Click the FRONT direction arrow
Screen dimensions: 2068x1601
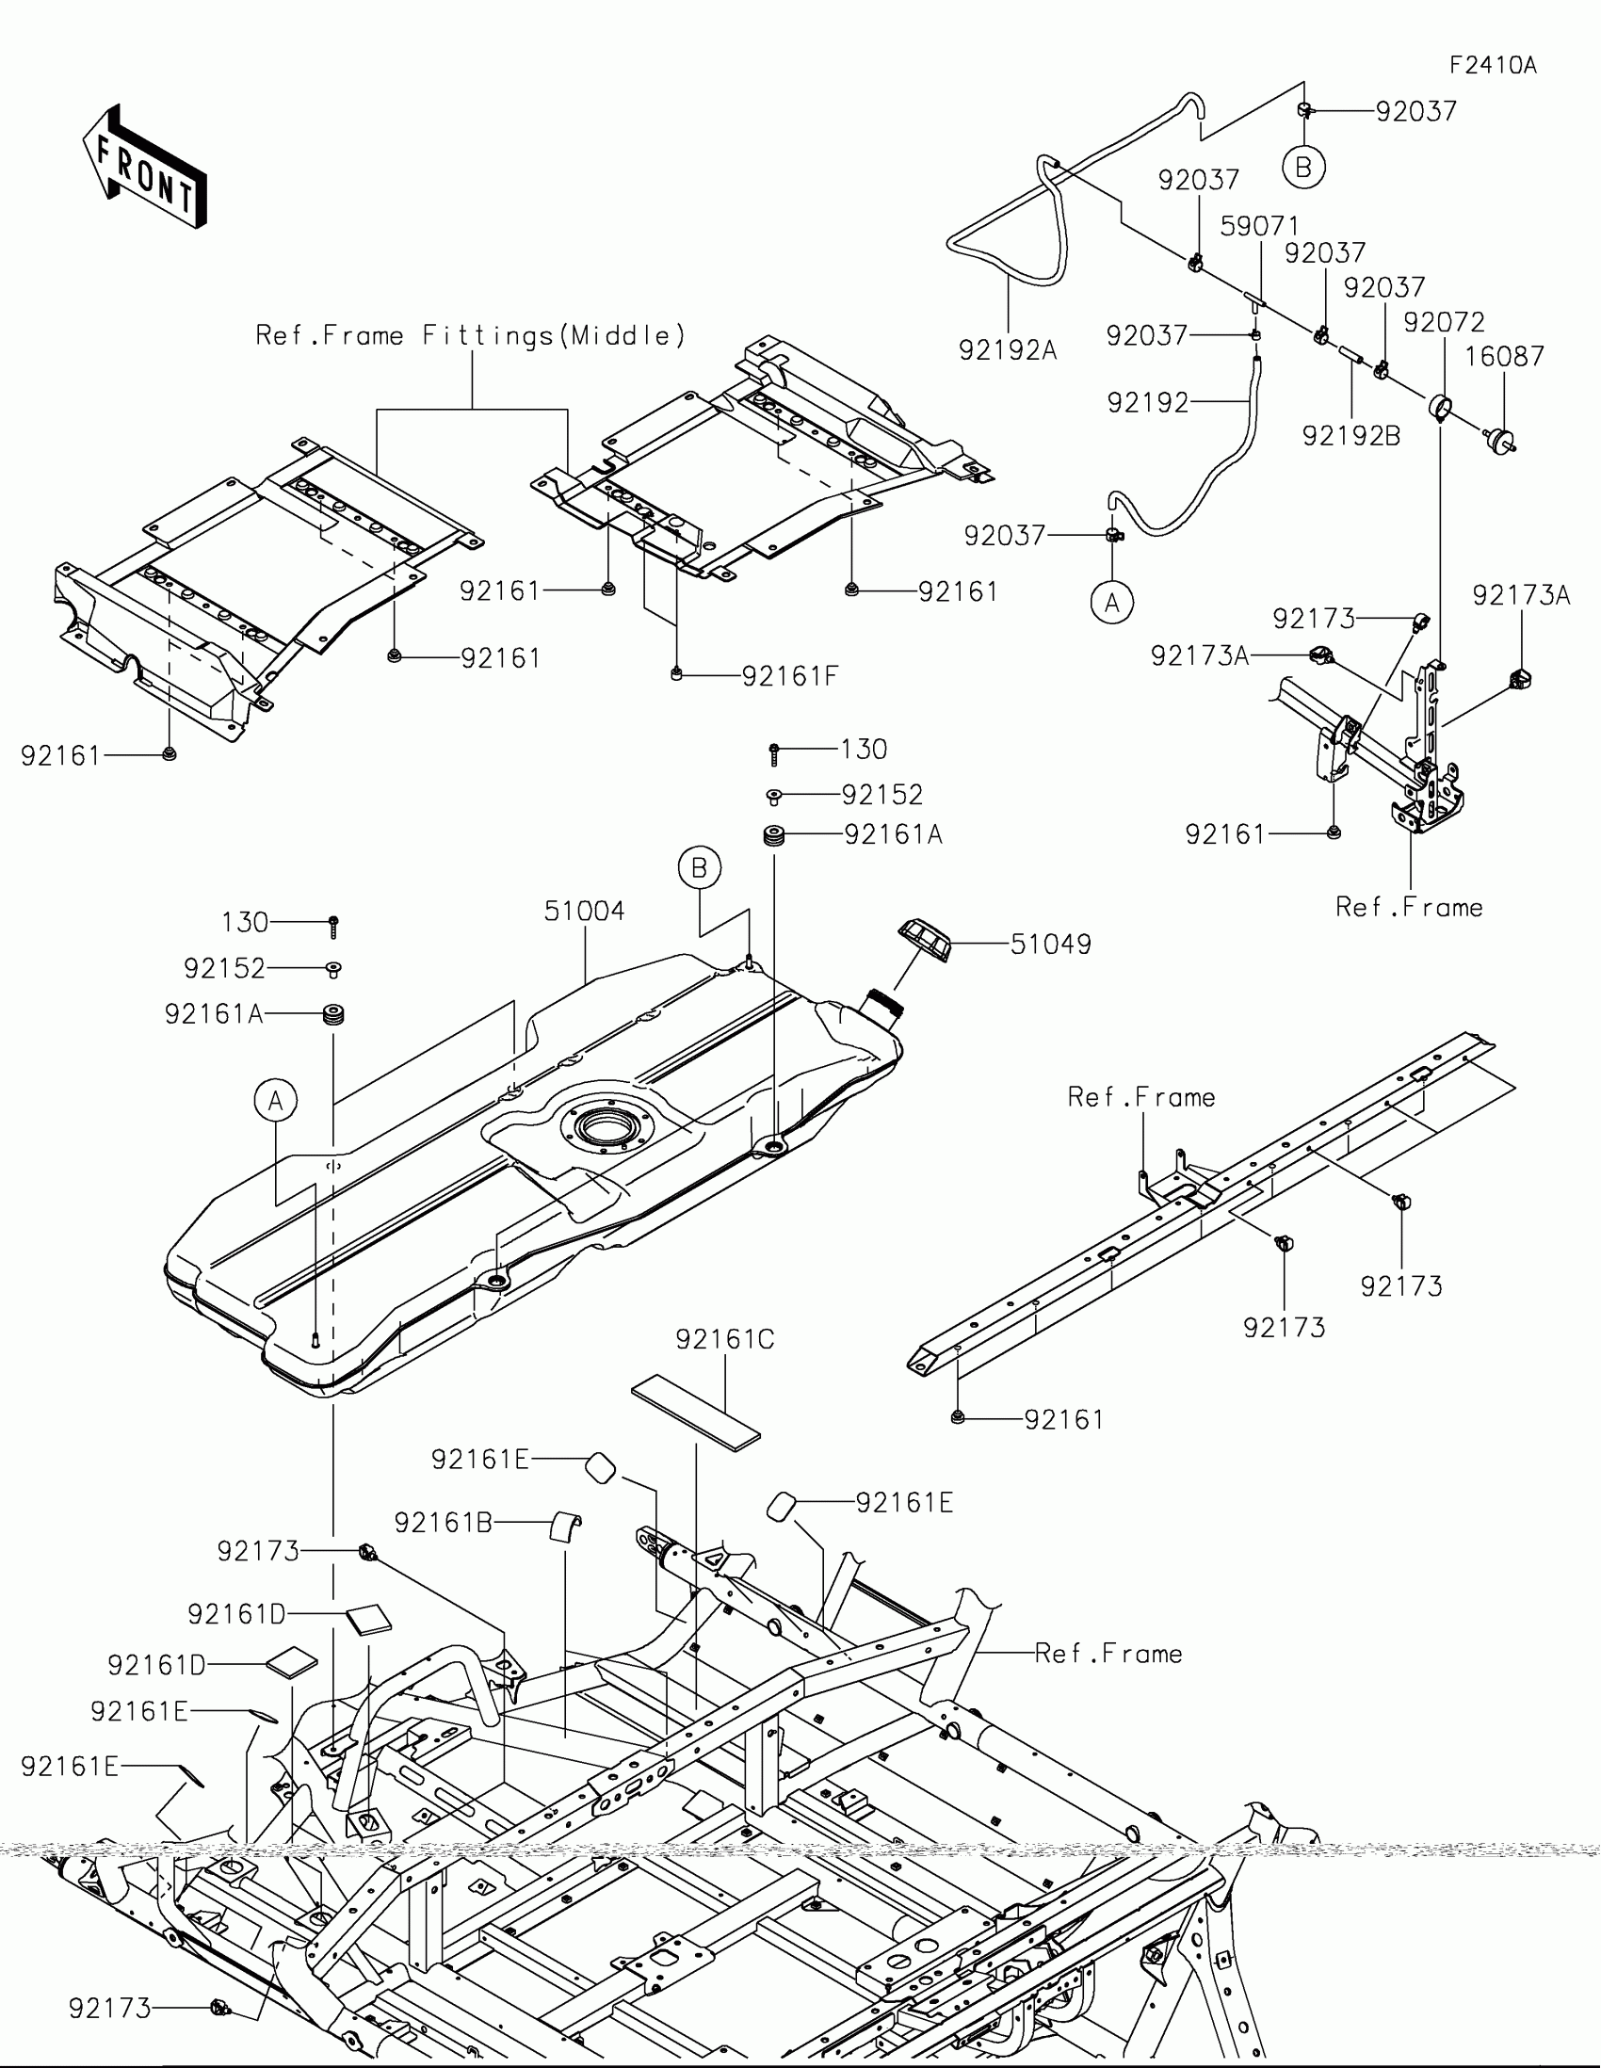145,166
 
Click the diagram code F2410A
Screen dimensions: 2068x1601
1493,65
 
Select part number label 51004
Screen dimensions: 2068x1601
584,911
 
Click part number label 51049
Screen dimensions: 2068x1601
1050,944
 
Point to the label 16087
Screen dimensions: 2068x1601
1504,356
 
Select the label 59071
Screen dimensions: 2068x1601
1259,226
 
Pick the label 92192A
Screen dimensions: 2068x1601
1008,350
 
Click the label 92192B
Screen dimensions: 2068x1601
1351,436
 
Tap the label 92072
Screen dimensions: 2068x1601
1443,322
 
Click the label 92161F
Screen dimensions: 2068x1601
789,676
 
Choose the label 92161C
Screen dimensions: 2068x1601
724,1339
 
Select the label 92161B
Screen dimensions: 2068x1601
442,1523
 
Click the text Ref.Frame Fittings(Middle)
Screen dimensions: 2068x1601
471,335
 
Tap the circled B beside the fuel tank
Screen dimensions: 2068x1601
699,867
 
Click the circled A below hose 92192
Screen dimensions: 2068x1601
1111,602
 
